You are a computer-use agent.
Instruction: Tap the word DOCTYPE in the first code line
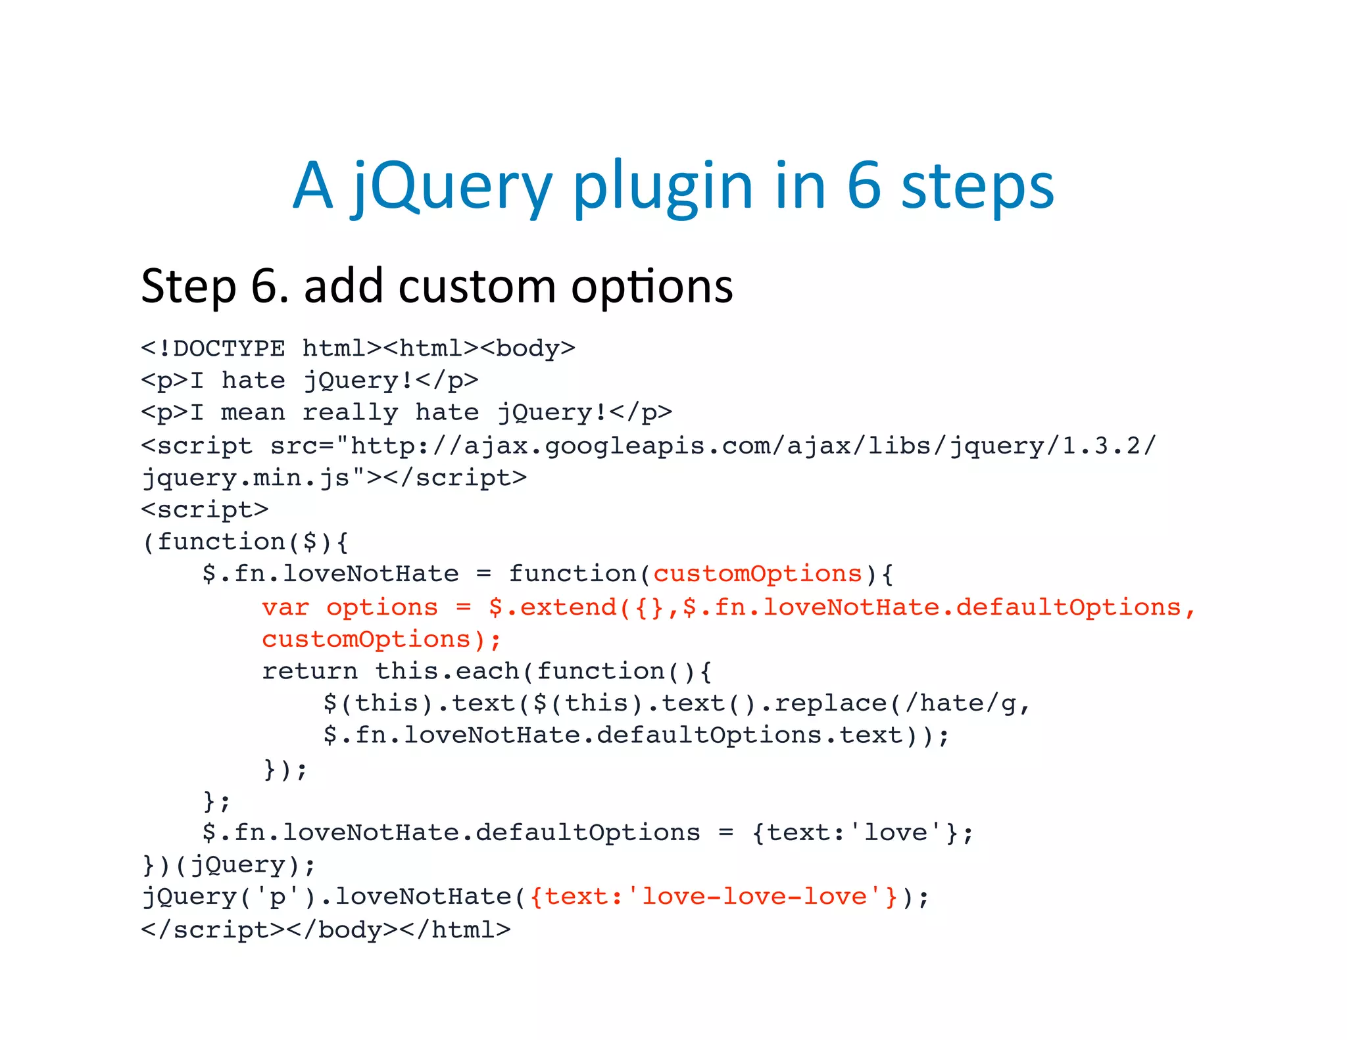(x=229, y=348)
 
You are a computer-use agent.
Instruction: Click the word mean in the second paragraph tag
(x=253, y=413)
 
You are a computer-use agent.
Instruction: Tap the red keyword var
(x=285, y=607)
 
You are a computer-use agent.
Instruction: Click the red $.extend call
(x=552, y=607)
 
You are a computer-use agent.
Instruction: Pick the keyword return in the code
(x=310, y=671)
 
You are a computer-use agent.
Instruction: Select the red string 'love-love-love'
(x=754, y=897)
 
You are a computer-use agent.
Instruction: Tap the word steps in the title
(x=977, y=187)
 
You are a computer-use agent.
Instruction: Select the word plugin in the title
(x=663, y=187)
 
